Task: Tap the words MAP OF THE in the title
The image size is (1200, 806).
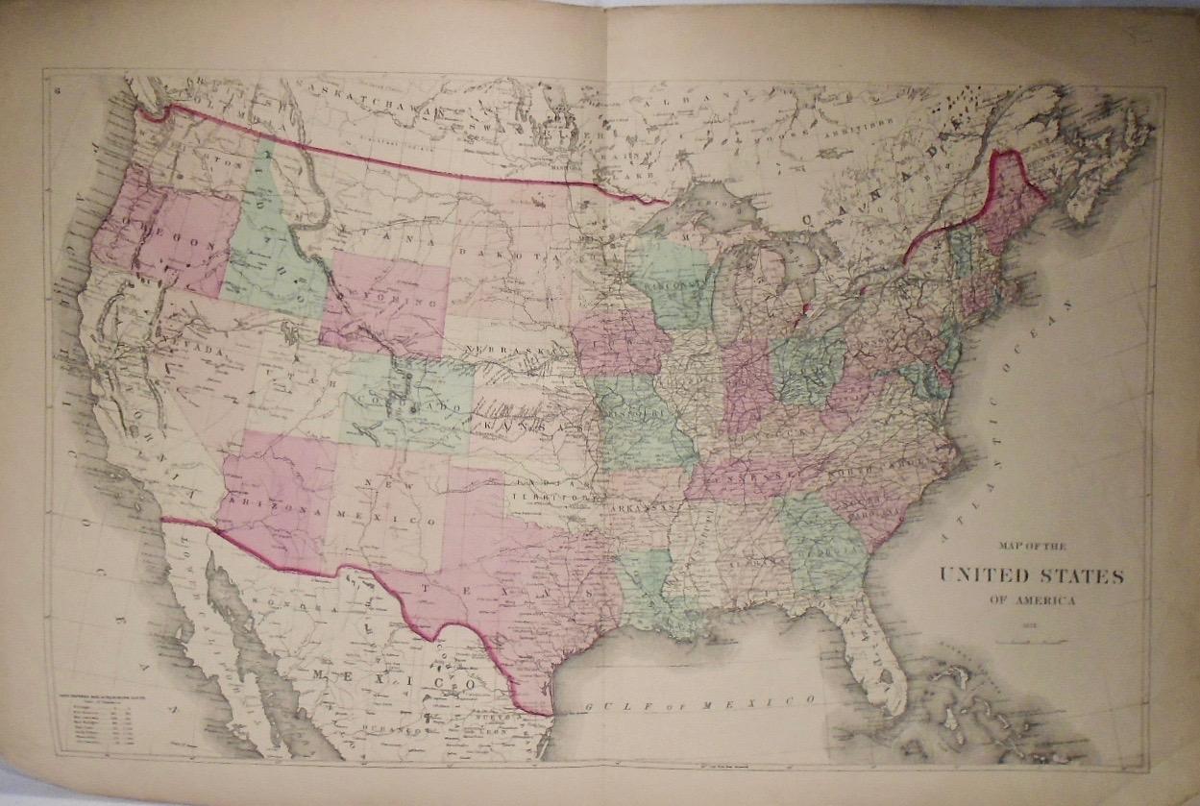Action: pyautogui.click(x=1033, y=547)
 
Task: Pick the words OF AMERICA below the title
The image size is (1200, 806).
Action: pyautogui.click(x=1033, y=600)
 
